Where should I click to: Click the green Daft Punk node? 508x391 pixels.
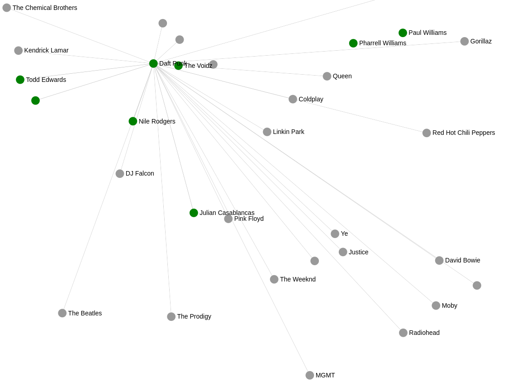coord(153,63)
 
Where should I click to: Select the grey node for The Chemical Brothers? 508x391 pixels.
coord(7,8)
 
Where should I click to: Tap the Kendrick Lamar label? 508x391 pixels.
coord(46,50)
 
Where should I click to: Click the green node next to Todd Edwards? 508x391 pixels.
coord(20,80)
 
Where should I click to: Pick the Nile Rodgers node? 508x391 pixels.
coord(133,121)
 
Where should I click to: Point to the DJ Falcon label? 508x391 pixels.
coord(140,173)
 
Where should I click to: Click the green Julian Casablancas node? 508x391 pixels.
coord(194,213)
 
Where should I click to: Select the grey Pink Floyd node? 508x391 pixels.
coord(228,219)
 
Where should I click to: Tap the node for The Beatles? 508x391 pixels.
coord(62,313)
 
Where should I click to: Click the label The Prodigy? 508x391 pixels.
coord(194,316)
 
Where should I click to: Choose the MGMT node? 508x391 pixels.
coord(310,375)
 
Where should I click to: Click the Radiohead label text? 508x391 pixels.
coord(424,333)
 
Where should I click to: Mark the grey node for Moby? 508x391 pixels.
coord(436,305)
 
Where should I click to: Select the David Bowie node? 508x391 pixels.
coord(439,260)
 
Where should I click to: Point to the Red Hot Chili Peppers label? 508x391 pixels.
coord(464,133)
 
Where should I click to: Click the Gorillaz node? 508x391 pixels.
coord(465,41)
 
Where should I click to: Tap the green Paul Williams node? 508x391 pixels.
coord(403,33)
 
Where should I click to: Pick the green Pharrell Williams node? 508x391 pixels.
coord(353,43)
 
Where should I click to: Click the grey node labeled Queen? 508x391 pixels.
coord(327,76)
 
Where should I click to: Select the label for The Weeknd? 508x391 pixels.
coord(298,279)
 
